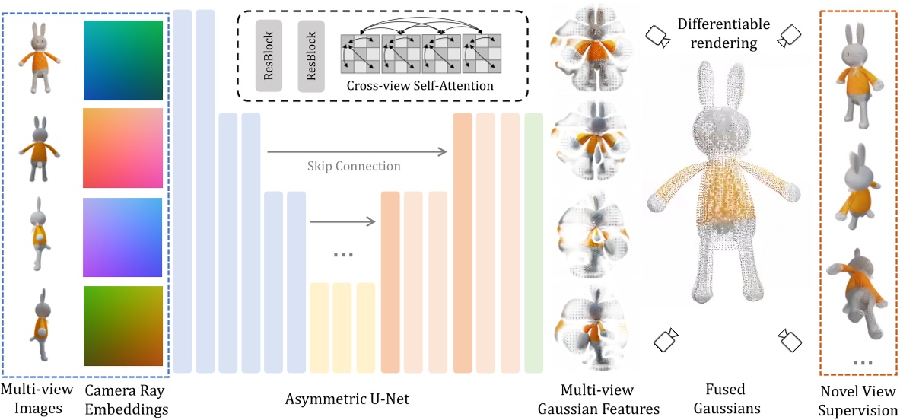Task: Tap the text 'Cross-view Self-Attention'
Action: [x=420, y=86]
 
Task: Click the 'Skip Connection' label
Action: [x=354, y=166]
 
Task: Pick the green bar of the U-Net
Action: [x=533, y=243]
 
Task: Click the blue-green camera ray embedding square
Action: [x=123, y=61]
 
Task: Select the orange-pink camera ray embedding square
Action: [x=123, y=148]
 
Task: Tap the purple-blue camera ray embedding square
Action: [x=123, y=236]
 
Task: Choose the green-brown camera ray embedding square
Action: [x=123, y=326]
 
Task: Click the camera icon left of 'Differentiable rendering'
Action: [x=657, y=36]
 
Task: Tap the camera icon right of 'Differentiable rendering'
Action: [x=790, y=35]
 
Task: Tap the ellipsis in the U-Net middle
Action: [x=343, y=254]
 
